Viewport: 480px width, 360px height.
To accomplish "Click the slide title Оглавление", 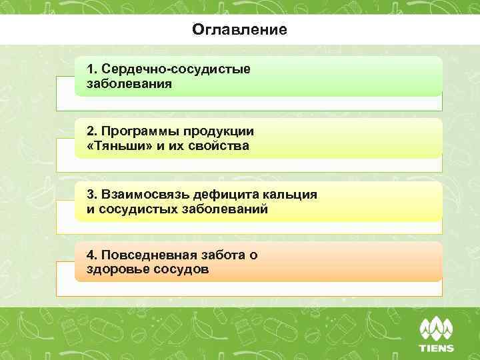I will tap(239, 30).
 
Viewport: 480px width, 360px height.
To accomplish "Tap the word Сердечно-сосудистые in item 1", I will tap(176, 70).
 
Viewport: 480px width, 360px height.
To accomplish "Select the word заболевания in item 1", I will tap(129, 85).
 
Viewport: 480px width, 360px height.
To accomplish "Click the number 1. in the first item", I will tap(92, 70).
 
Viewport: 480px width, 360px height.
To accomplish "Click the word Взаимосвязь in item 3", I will tap(145, 194).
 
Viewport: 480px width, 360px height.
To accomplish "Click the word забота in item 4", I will tap(225, 255).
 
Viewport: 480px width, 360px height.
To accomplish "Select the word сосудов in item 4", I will tap(182, 269).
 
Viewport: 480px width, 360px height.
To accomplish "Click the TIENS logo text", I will tap(436, 347).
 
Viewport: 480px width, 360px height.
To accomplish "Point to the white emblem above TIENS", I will tap(436, 329).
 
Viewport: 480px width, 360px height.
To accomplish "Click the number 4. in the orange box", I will tap(92, 255).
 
